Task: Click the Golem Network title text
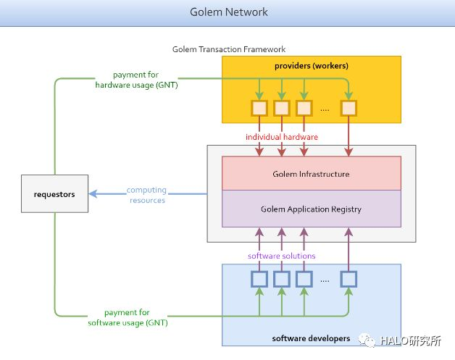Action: tap(229, 12)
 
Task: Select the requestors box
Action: tap(54, 194)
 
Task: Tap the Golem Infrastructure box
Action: tap(312, 173)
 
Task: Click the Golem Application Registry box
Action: tap(312, 209)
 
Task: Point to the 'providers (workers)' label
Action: tap(312, 66)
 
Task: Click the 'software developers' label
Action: tap(311, 338)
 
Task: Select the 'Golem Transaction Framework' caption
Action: tap(229, 49)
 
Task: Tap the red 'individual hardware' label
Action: tap(282, 137)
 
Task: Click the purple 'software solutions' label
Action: tap(281, 256)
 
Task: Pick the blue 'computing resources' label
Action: tap(147, 195)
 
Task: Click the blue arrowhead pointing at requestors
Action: tap(93, 194)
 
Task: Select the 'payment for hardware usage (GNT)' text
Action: tap(136, 80)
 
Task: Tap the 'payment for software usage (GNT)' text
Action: tap(128, 318)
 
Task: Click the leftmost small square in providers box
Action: tap(259, 108)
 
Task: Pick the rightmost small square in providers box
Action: tap(348, 108)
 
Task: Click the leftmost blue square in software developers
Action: tap(259, 279)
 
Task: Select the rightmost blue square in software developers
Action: tap(348, 279)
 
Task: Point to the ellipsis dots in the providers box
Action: tap(325, 110)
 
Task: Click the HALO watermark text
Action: tap(411, 340)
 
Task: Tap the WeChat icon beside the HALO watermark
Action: tap(367, 340)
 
